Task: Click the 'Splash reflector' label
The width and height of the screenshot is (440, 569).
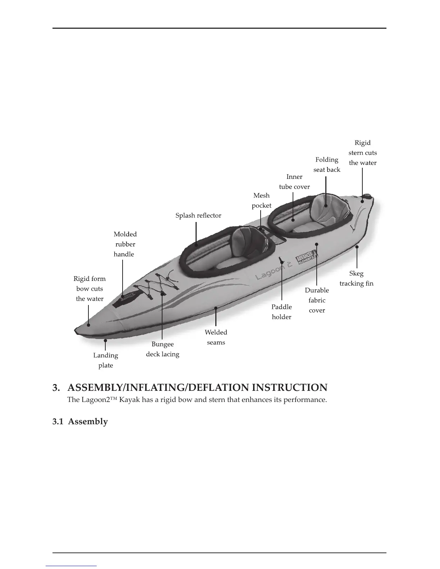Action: coord(198,216)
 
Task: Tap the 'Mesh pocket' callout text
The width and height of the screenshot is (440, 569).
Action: coord(261,200)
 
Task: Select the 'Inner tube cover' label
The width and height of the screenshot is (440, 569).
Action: coord(294,182)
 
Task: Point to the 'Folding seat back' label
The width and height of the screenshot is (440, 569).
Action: coord(326,165)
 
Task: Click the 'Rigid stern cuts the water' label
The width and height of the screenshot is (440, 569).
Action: coord(362,153)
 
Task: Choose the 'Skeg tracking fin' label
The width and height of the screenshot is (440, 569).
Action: coord(356,278)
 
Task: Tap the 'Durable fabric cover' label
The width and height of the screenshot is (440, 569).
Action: coord(317,300)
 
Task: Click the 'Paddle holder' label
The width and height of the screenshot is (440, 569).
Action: coord(281,312)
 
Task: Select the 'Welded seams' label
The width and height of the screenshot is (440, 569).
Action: coord(216,337)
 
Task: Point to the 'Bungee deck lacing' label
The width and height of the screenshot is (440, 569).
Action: coord(162,349)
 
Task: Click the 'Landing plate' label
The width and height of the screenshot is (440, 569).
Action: coord(105,360)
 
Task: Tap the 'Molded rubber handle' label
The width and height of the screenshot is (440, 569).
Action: coord(124,244)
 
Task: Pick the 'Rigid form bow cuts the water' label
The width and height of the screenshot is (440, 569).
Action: coord(90,288)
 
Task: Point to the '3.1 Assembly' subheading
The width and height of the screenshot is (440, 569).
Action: coord(80,421)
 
